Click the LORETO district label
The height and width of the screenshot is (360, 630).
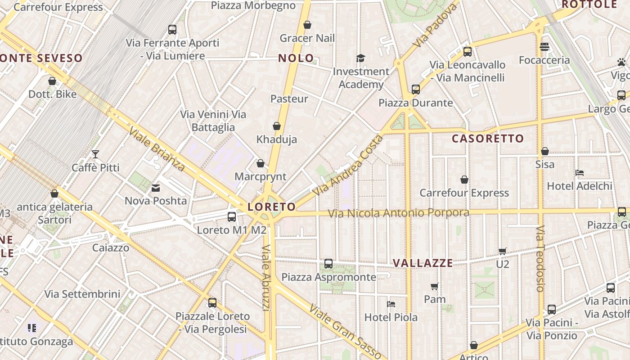pyautogui.click(x=272, y=207)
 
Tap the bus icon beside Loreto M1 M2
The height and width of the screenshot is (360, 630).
pyautogui.click(x=232, y=217)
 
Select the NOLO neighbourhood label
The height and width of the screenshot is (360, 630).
pyautogui.click(x=296, y=58)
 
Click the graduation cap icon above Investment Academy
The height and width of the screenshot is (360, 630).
pyautogui.click(x=360, y=58)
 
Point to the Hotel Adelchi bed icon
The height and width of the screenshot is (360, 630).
pyautogui.click(x=580, y=172)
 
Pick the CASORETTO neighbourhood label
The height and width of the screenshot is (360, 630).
pyautogui.click(x=488, y=139)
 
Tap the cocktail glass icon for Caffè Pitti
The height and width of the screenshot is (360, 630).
pyautogui.click(x=95, y=154)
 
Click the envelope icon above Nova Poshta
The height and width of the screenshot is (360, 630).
pyautogui.click(x=156, y=188)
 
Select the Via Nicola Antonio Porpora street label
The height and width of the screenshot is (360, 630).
pyautogui.click(x=399, y=213)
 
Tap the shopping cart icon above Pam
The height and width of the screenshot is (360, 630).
pyautogui.click(x=435, y=286)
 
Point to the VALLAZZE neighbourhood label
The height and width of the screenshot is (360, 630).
pyautogui.click(x=423, y=263)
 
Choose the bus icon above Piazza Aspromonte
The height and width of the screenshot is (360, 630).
pyautogui.click(x=328, y=264)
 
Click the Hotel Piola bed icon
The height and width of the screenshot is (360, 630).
pyautogui.click(x=391, y=304)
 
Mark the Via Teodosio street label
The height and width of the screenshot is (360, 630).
pyautogui.click(x=540, y=258)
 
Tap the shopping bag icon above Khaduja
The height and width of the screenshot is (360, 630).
pyautogui.click(x=277, y=126)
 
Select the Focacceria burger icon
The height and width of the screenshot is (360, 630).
pyautogui.click(x=544, y=47)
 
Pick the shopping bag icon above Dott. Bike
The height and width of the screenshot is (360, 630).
pyautogui.click(x=52, y=81)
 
